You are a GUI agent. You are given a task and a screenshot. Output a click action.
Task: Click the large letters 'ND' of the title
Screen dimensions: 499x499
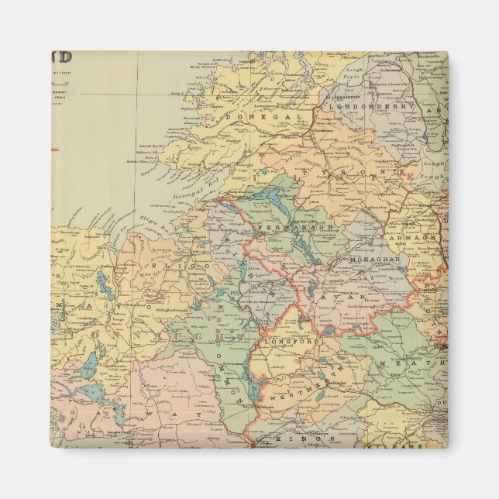(62, 57)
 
